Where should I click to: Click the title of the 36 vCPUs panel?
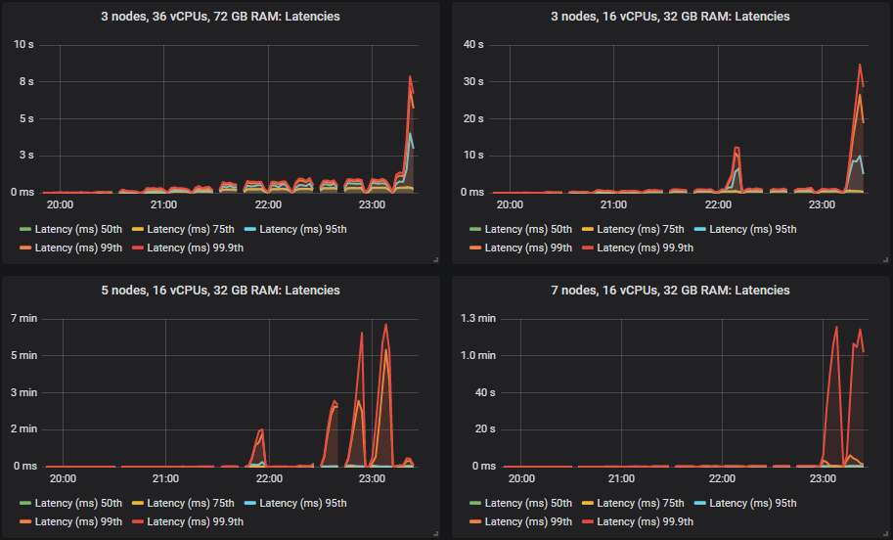[x=221, y=17]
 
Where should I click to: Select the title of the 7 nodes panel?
[x=671, y=291]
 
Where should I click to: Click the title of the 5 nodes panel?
[x=221, y=291]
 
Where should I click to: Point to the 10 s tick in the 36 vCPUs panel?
[x=22, y=44]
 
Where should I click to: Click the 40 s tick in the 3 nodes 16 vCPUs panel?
[x=473, y=44]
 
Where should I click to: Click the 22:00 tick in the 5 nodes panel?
[x=268, y=479]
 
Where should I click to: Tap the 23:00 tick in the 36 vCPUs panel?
[x=373, y=205]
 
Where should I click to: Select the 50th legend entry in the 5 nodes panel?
[x=70, y=503]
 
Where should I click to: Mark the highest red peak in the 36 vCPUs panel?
[x=411, y=76]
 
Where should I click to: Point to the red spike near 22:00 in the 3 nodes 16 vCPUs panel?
[x=737, y=148]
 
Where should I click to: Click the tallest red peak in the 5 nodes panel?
[x=386, y=325]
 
